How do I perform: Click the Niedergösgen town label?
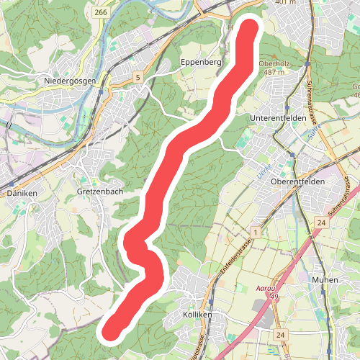(70, 81)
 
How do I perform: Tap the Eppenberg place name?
(201, 63)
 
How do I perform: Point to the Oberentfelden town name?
(297, 182)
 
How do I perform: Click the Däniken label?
(21, 194)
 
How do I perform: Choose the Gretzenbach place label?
(99, 192)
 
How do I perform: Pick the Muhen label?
(326, 279)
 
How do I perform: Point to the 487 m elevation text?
(274, 72)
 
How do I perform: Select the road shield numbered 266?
(100, 13)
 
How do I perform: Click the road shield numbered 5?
(137, 77)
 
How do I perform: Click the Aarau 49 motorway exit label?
(267, 292)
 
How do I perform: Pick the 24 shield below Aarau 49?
(280, 335)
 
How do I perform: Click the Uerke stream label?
(264, 170)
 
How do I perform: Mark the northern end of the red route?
(249, 30)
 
